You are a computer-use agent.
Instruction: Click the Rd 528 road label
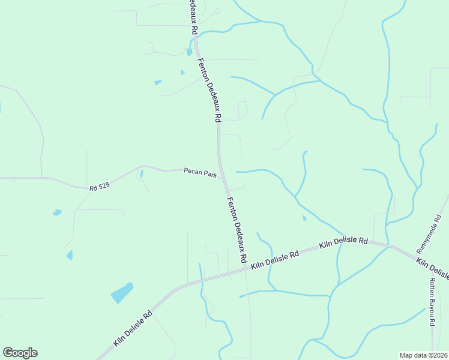pos(100,187)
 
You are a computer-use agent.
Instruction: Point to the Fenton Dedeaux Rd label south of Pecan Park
pos(237,229)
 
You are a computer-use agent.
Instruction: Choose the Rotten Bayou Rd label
pos(432,302)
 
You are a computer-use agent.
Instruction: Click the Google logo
pos(20,353)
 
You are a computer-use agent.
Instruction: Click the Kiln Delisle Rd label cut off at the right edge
pos(432,268)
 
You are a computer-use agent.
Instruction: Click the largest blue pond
pos(122,293)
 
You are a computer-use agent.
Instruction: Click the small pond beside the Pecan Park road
pos(141,174)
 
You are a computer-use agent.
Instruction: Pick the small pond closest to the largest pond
pos(70,255)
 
